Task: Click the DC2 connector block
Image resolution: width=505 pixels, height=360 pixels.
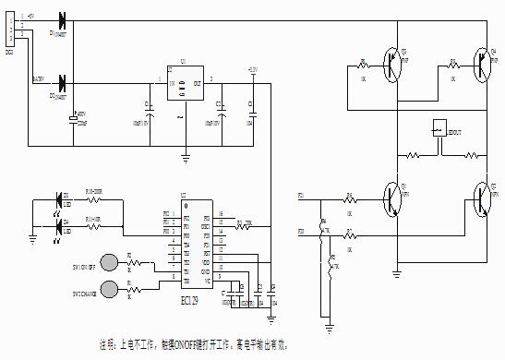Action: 9,30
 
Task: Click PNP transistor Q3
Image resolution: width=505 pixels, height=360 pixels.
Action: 395,65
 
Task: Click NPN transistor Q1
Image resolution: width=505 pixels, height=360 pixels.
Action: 394,198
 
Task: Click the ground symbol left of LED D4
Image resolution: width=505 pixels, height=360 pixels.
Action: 32,237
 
